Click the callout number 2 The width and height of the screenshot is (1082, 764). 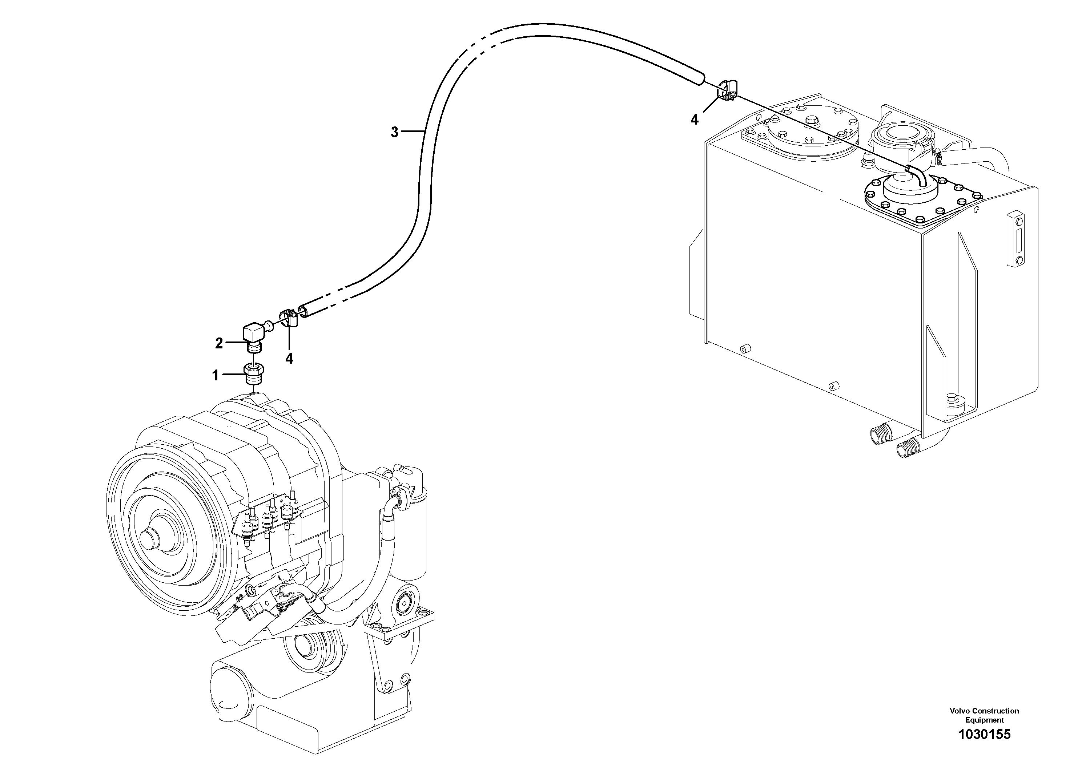[219, 344]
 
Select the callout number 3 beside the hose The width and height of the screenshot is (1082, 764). [394, 132]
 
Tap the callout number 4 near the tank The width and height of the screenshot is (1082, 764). [694, 120]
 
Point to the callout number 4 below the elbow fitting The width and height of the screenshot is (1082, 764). [289, 359]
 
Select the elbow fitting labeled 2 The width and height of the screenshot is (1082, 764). [254, 335]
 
